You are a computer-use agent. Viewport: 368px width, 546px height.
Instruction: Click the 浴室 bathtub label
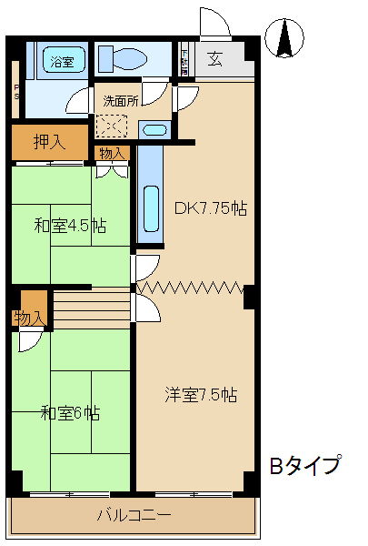pyautogui.click(x=62, y=63)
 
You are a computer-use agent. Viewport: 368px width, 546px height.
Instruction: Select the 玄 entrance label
pyautogui.click(x=215, y=60)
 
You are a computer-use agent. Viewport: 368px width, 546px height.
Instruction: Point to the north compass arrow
pyautogui.click(x=283, y=36)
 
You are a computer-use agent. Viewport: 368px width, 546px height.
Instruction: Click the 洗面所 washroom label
pyautogui.click(x=120, y=101)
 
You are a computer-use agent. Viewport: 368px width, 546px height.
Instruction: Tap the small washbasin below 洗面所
pyautogui.click(x=154, y=129)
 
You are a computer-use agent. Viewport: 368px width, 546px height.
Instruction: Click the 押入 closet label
pyautogui.click(x=49, y=141)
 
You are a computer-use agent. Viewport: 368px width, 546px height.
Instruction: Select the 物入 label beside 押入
pyautogui.click(x=113, y=153)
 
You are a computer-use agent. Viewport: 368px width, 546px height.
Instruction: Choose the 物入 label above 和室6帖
pyautogui.click(x=29, y=318)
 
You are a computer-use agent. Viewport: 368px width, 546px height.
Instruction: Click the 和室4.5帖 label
pyautogui.click(x=70, y=225)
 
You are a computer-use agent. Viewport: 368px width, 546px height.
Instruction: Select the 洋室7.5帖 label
pyautogui.click(x=201, y=395)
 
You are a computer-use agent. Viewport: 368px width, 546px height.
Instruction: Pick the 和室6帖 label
pyautogui.click(x=70, y=413)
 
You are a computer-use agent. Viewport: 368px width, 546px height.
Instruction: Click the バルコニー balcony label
pyautogui.click(x=134, y=515)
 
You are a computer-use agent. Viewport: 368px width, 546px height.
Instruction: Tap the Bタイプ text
pyautogui.click(x=304, y=466)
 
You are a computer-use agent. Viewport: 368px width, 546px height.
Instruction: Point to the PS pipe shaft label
pyautogui.click(x=15, y=91)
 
